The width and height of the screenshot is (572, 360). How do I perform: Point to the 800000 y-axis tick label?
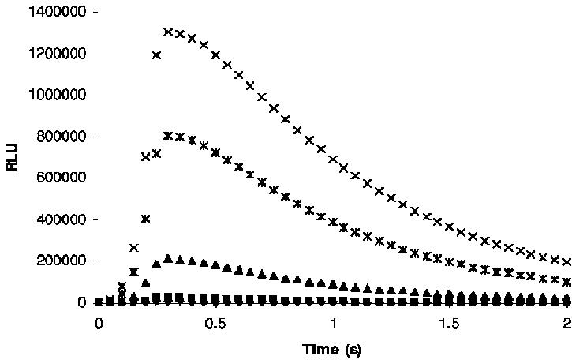point(56,137)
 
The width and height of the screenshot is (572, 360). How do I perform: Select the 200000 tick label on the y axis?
point(56,261)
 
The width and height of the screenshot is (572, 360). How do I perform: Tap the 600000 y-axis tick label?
point(56,178)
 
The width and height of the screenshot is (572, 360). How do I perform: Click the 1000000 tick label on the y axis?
point(53,95)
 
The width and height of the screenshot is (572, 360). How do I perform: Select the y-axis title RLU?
point(12,157)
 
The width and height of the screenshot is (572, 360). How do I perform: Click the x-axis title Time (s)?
point(331,349)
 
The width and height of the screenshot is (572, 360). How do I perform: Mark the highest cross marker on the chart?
point(168,32)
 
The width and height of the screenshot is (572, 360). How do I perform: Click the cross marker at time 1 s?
point(332,159)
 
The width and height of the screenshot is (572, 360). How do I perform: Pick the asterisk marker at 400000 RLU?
point(145,219)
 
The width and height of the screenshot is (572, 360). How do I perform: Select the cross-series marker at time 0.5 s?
point(215,55)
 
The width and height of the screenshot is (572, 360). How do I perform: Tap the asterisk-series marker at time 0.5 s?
point(215,152)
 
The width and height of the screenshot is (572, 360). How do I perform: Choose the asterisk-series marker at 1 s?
point(332,222)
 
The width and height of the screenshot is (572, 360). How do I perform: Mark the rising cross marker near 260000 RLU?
point(133,248)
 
